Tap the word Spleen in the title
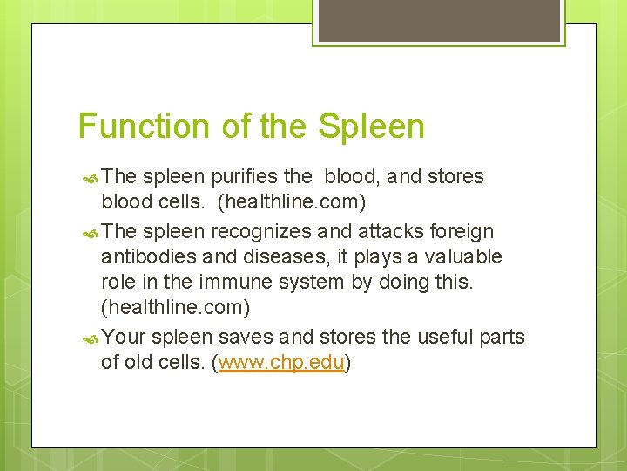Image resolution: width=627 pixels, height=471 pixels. pos(372,127)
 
